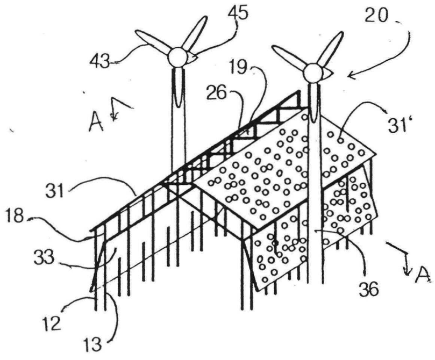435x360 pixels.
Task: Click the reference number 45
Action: [238, 13]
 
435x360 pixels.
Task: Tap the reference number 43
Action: [100, 62]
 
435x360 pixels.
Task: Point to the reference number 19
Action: [239, 67]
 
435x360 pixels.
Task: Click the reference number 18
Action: [15, 215]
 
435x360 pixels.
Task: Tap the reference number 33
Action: [44, 258]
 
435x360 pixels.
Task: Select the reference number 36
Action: [368, 289]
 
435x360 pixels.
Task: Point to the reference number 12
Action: [52, 323]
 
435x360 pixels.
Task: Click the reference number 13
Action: [92, 344]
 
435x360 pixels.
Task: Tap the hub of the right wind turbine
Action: [313, 73]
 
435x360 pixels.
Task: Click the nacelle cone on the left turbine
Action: [192, 58]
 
